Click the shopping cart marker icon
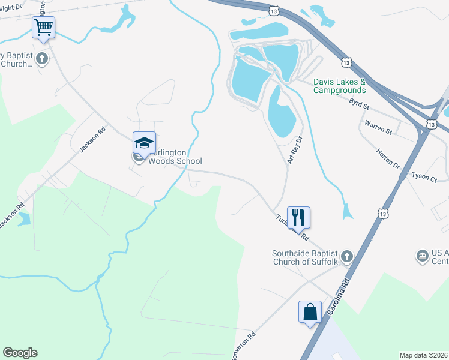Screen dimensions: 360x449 (43, 27)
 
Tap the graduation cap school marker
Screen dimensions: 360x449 (144, 142)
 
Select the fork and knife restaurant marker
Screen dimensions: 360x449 (298, 217)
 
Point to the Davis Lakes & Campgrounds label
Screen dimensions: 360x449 (339, 86)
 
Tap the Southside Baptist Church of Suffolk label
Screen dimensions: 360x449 (306, 257)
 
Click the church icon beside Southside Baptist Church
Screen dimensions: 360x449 (348, 257)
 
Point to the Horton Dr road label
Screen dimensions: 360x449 (388, 158)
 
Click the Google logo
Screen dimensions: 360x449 (20, 353)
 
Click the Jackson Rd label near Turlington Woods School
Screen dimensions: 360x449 (92, 138)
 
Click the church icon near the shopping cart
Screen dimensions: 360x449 (41, 58)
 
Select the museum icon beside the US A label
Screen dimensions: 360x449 (421, 257)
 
